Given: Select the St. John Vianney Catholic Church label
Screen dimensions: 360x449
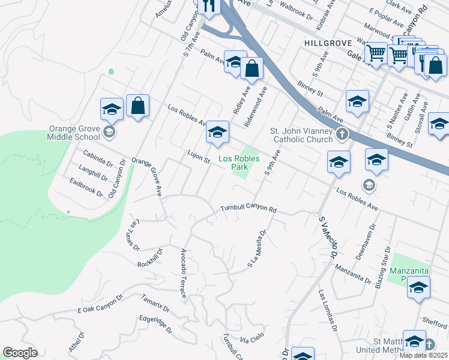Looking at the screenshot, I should pyautogui.click(x=301, y=135).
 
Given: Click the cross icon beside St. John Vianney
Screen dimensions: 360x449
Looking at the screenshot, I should pyautogui.click(x=342, y=134).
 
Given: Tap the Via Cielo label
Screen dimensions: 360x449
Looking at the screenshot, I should pyautogui.click(x=252, y=338).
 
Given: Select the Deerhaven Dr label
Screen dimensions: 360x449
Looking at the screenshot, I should pyautogui.click(x=367, y=241).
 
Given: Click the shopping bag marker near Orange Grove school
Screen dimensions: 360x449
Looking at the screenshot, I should pyautogui.click(x=138, y=107).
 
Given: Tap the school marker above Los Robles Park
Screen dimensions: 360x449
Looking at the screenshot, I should pyautogui.click(x=217, y=133).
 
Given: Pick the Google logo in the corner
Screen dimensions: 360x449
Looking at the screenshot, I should pyautogui.click(x=20, y=353).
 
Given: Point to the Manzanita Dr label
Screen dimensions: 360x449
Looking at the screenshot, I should pyautogui.click(x=353, y=273).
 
